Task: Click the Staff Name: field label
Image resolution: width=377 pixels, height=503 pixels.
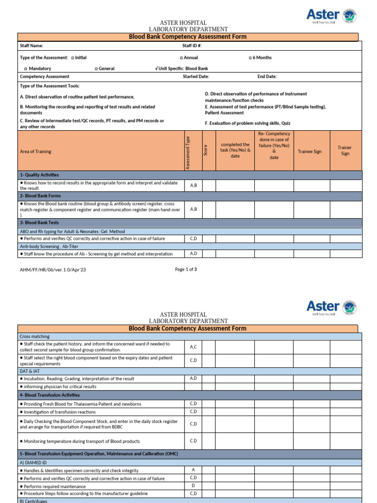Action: click(x=31, y=46)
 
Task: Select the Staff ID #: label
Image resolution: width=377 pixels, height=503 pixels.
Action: click(x=192, y=46)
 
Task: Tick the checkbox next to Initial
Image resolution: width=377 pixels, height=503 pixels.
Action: click(x=73, y=58)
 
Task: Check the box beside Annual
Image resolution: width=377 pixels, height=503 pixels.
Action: click(x=182, y=58)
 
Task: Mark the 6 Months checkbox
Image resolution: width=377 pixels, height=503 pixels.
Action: click(x=250, y=58)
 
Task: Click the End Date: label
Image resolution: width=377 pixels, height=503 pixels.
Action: click(x=267, y=77)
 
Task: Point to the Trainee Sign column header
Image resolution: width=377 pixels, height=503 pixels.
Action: click(x=310, y=151)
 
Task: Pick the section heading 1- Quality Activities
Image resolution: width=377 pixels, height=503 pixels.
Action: click(x=39, y=175)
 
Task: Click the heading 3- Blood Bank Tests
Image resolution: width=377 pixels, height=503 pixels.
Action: click(x=39, y=223)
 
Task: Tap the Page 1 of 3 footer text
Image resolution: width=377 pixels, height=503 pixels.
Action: click(x=186, y=269)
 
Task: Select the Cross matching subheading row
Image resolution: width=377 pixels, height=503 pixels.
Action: click(x=35, y=336)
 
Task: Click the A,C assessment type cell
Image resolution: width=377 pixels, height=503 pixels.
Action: click(x=193, y=347)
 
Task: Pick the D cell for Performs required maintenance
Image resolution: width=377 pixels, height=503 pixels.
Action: click(x=193, y=486)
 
